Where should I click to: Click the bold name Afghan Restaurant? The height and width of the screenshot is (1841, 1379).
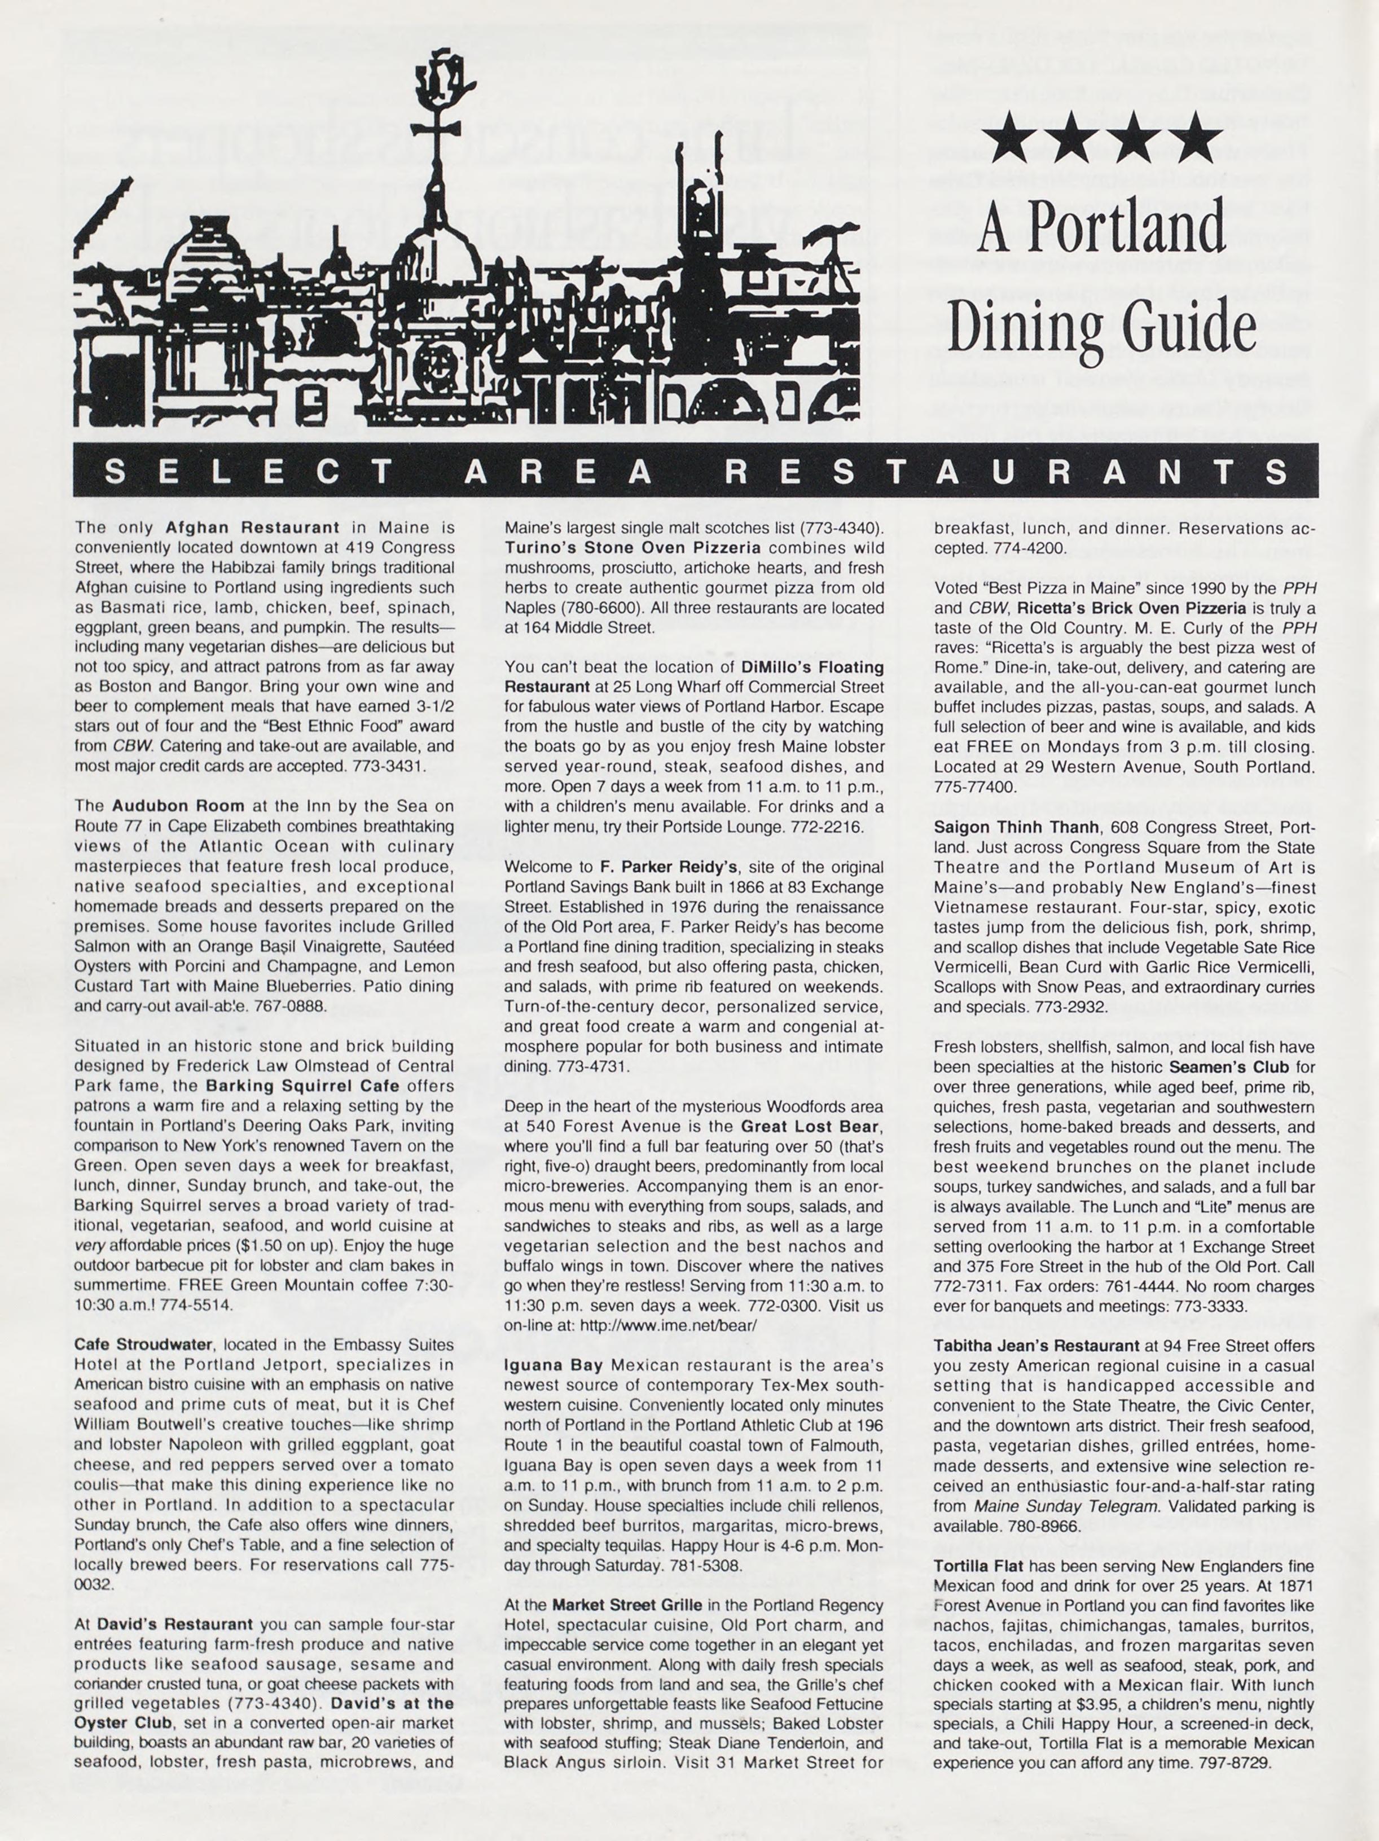click(x=252, y=528)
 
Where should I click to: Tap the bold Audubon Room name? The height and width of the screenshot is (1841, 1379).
click(x=178, y=806)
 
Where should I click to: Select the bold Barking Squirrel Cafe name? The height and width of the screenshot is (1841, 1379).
click(x=302, y=1086)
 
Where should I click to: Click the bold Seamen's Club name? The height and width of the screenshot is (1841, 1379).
click(x=1228, y=1067)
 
